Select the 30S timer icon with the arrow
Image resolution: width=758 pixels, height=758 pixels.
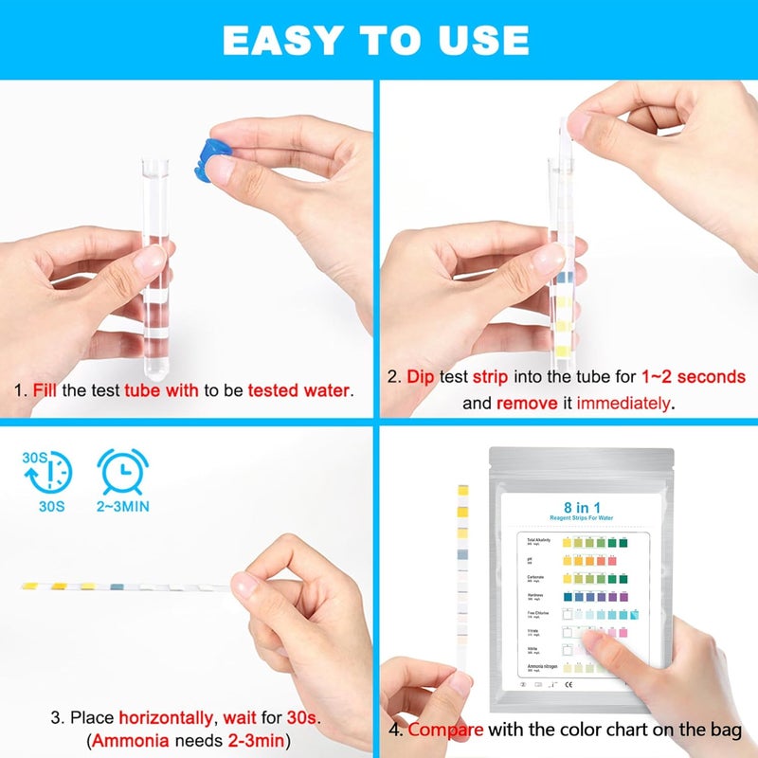(46, 472)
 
